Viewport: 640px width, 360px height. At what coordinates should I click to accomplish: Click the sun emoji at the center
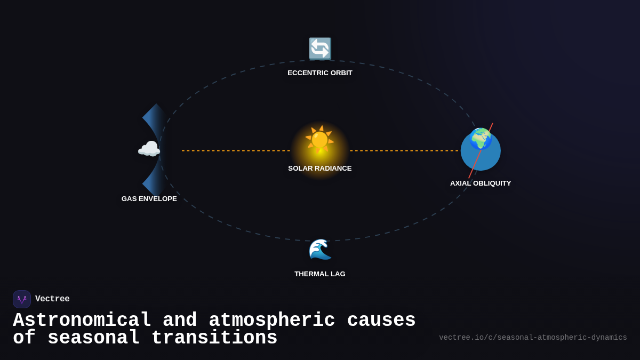[x=319, y=140]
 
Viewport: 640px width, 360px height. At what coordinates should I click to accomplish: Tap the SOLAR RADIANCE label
[x=320, y=169]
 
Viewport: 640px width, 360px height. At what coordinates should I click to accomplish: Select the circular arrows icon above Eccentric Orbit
[x=320, y=49]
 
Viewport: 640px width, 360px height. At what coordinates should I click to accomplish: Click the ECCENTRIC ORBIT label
[x=320, y=73]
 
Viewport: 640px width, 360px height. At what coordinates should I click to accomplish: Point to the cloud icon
[x=149, y=149]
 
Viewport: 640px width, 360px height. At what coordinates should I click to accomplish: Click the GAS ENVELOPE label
[x=149, y=199]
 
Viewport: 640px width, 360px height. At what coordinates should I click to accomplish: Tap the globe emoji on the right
[x=481, y=139]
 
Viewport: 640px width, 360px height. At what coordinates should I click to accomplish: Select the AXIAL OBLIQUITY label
[x=481, y=183]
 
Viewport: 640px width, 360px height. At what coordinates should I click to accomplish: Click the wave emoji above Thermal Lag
[x=320, y=250]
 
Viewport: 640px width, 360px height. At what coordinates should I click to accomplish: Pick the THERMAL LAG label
[x=320, y=274]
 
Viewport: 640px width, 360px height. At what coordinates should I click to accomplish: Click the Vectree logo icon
[x=22, y=299]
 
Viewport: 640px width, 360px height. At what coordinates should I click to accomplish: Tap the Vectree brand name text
[x=52, y=299]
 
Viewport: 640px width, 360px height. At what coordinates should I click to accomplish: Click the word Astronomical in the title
[x=82, y=321]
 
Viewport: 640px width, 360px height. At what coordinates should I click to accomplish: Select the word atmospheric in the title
[x=272, y=321]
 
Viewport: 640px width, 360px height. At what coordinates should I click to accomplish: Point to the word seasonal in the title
[x=93, y=338]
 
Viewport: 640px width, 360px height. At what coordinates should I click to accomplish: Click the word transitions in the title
[x=214, y=338]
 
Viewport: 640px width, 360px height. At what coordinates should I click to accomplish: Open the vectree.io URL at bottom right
[x=533, y=338]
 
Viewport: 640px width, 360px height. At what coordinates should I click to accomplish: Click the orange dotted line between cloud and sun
[x=236, y=150]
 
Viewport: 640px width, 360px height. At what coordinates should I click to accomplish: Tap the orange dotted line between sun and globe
[x=404, y=150]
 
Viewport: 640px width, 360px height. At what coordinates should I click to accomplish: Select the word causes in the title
[x=381, y=321]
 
